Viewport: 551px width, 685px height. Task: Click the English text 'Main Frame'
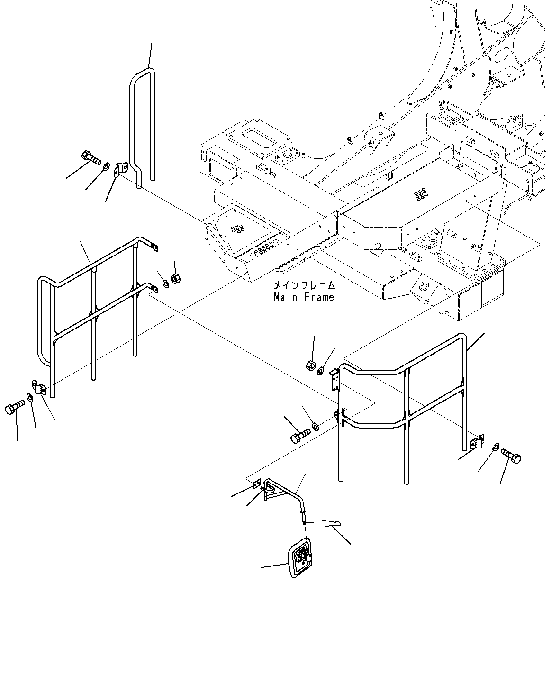[304, 297]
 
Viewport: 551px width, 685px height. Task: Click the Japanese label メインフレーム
[304, 286]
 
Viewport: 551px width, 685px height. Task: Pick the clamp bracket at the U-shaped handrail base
[121, 169]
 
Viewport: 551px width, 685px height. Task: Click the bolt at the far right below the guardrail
[510, 456]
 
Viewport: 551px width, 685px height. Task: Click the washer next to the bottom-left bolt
[30, 397]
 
